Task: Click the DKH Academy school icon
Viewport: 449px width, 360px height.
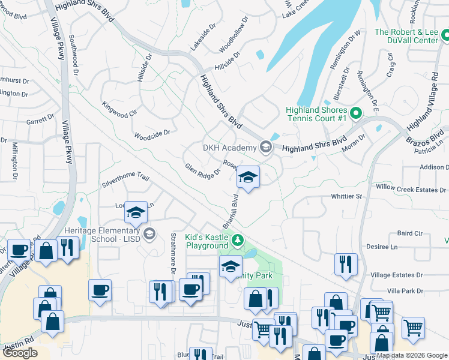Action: coord(265,147)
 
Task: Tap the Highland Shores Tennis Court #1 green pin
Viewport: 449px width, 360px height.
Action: coord(355,112)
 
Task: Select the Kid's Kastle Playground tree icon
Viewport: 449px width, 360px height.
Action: coord(238,241)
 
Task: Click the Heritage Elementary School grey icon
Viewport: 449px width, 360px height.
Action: coord(149,233)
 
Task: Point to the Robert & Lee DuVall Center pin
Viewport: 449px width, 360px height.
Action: coord(445,37)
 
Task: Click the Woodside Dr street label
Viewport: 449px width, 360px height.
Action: coord(152,134)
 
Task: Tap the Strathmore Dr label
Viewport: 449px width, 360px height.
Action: coord(173,250)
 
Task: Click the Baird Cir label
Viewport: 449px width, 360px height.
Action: coord(410,233)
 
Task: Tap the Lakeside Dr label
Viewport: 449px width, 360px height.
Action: coord(202,37)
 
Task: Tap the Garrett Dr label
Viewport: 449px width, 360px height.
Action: coord(40,121)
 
